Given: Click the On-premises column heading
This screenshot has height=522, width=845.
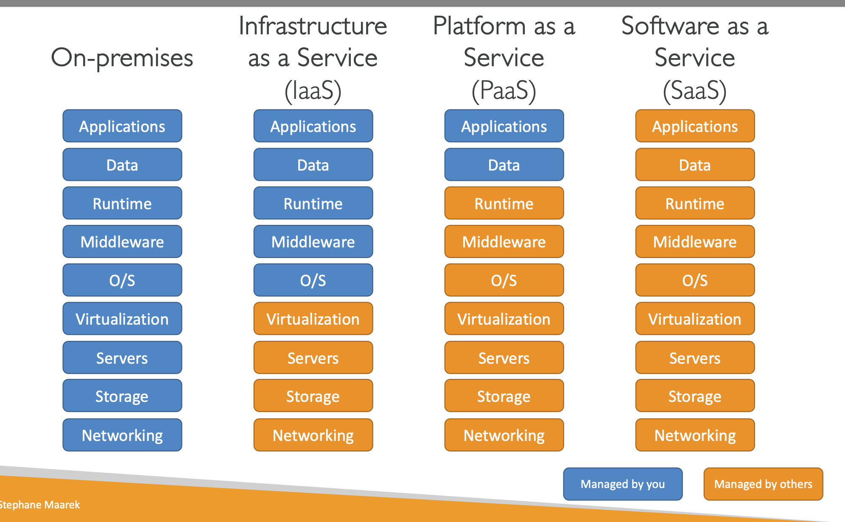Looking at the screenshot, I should (x=122, y=58).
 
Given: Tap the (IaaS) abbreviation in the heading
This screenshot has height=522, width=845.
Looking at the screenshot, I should (x=313, y=90).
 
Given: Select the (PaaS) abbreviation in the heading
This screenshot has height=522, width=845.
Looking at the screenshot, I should (x=504, y=90).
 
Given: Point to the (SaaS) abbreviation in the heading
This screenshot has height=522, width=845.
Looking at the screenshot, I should (x=695, y=90).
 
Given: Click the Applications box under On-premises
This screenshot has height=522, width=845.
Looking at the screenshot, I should (x=122, y=126).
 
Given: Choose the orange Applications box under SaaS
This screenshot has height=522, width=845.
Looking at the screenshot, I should (x=695, y=126).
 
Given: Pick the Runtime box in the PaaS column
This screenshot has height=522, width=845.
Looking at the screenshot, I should (x=504, y=203).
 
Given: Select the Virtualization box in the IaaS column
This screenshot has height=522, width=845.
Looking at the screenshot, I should (x=313, y=319).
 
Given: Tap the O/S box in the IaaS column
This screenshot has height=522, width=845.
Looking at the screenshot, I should (x=313, y=280).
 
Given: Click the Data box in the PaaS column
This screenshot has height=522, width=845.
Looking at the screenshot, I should (x=504, y=165).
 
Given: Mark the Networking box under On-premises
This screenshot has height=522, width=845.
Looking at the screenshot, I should (x=122, y=435).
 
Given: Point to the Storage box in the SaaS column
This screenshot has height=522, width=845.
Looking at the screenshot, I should (x=695, y=396).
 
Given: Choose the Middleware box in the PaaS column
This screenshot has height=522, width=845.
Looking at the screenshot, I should (x=504, y=241).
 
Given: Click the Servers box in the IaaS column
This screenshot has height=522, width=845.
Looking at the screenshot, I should (x=313, y=358).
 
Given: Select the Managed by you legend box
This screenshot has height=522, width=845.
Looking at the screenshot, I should (x=623, y=484).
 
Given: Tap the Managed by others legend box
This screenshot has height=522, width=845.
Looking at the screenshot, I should (x=763, y=484).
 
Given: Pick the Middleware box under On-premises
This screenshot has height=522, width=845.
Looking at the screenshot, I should (x=122, y=241).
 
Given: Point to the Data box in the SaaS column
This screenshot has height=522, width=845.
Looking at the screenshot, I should (x=695, y=165).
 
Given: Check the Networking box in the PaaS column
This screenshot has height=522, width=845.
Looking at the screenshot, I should (x=504, y=435).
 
